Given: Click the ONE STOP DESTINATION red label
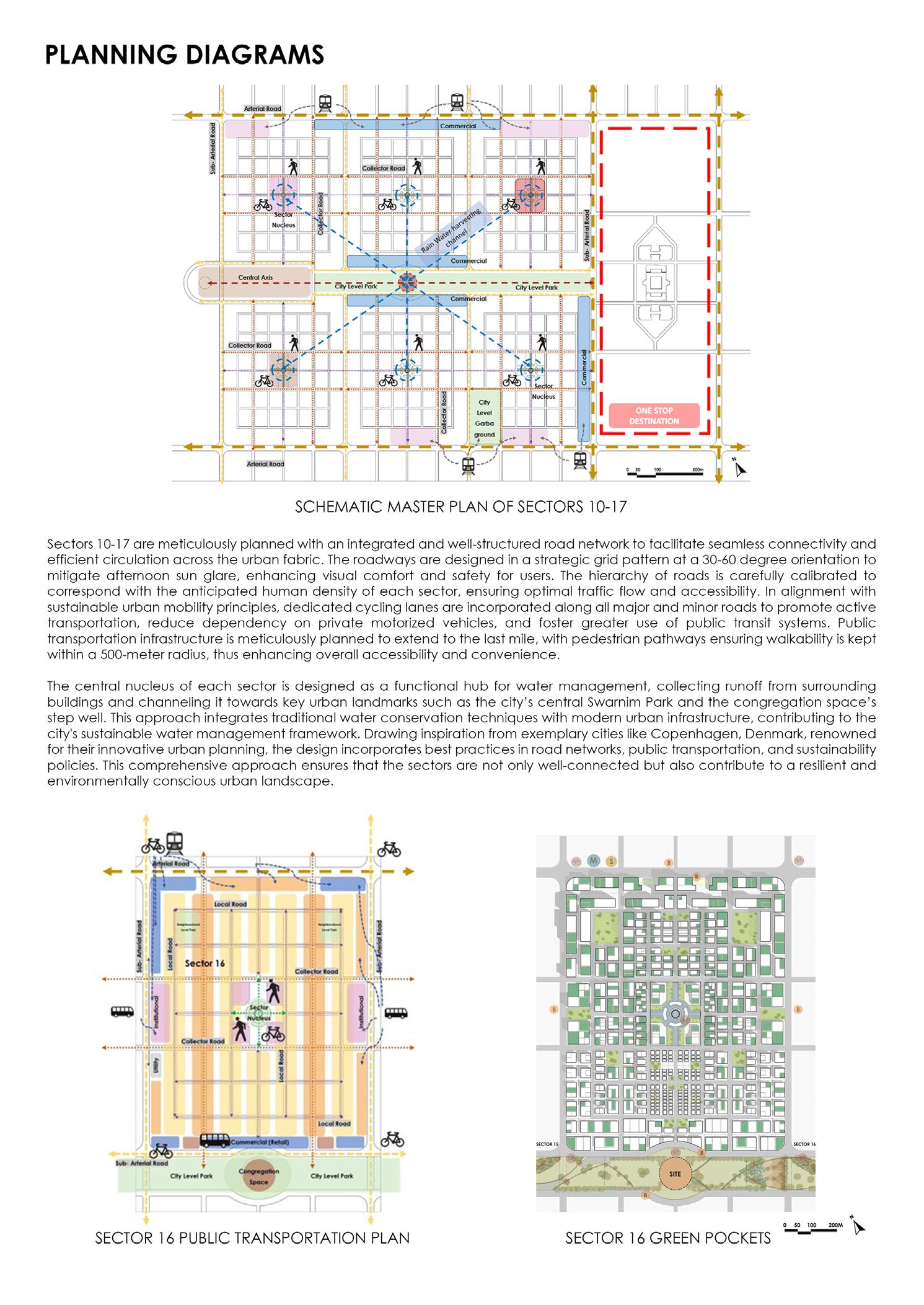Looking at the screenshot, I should click(654, 415).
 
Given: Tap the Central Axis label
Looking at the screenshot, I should click(255, 278).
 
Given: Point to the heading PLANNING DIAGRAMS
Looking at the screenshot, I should click(185, 55).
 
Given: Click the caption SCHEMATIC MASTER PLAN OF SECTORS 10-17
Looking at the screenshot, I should click(460, 507).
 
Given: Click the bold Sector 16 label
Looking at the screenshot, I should click(205, 963).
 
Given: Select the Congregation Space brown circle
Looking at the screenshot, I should click(258, 1176).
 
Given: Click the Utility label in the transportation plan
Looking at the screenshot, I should click(157, 1066).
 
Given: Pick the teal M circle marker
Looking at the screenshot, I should click(594, 860).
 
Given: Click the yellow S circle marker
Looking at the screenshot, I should click(610, 860).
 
